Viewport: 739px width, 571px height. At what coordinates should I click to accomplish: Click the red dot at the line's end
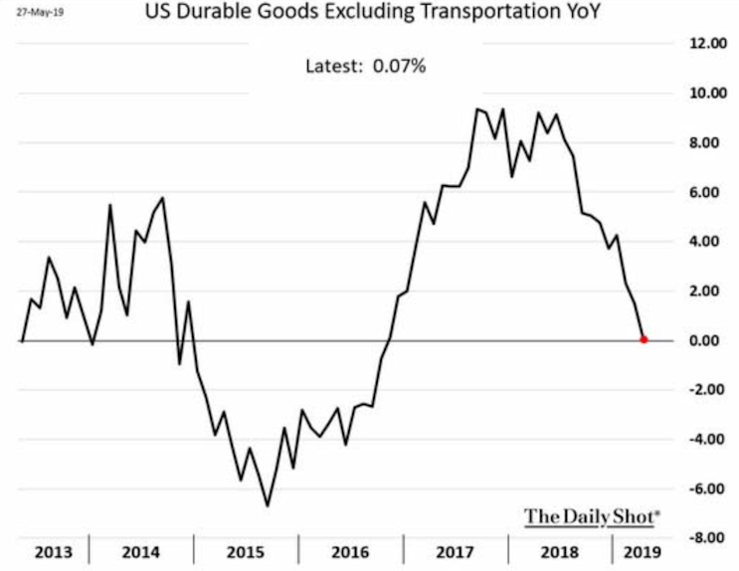[644, 340]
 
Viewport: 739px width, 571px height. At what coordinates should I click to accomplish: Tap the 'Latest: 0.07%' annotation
[366, 66]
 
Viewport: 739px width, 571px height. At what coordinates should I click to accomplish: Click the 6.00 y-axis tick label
[705, 192]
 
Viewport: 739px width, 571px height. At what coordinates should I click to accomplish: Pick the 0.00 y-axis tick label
[705, 340]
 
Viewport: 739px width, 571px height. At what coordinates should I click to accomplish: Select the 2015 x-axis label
[245, 550]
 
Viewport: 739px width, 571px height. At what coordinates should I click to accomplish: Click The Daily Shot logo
[593, 516]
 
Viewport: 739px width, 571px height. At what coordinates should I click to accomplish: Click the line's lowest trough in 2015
[267, 505]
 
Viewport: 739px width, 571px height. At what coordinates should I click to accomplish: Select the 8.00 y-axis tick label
[705, 143]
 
